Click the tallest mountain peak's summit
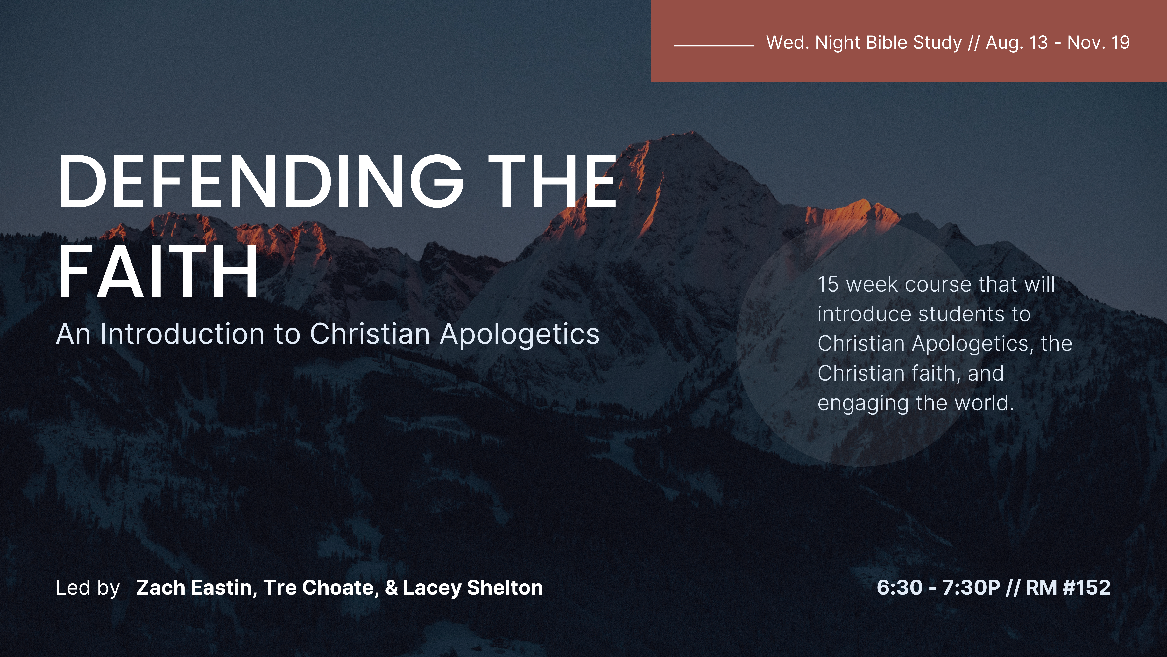(692, 132)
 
